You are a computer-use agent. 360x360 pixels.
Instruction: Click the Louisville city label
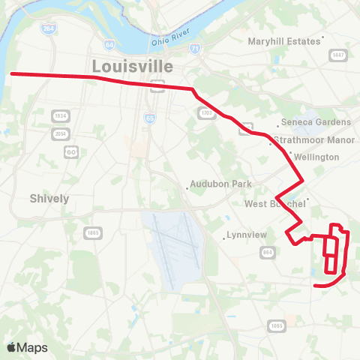pyautogui.click(x=132, y=66)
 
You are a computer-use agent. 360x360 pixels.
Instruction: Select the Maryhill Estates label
pyautogui.click(x=284, y=41)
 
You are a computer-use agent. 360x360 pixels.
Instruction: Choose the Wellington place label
pyautogui.click(x=317, y=157)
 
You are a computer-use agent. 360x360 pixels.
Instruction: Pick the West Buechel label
pyautogui.click(x=275, y=204)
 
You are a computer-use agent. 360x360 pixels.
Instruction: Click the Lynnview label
pyautogui.click(x=247, y=235)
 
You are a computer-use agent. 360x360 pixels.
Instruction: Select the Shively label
pyautogui.click(x=49, y=199)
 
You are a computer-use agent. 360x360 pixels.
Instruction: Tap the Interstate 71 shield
pyautogui.click(x=194, y=49)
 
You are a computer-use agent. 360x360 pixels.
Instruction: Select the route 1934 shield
pyautogui.click(x=60, y=116)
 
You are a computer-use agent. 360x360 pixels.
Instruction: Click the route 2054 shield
pyautogui.click(x=60, y=133)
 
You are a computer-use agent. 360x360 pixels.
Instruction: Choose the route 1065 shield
pyautogui.click(x=277, y=325)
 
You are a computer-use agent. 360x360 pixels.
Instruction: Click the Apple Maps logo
pyautogui.click(x=27, y=347)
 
